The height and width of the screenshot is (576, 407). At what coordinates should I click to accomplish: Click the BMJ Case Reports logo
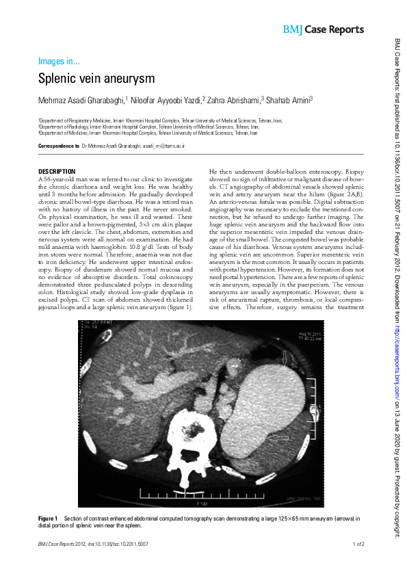coord(323,29)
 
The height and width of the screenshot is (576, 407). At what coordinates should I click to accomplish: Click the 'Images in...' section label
coord(59,61)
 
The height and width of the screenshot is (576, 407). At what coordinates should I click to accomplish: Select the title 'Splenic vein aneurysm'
coord(96,79)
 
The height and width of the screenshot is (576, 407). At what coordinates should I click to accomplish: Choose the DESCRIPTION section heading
coord(57,171)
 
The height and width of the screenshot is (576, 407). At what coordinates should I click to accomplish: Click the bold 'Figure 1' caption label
coord(49,519)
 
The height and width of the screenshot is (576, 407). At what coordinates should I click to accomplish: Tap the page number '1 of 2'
coord(358,545)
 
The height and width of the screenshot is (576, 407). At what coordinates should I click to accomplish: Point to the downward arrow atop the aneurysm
coord(285,356)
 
